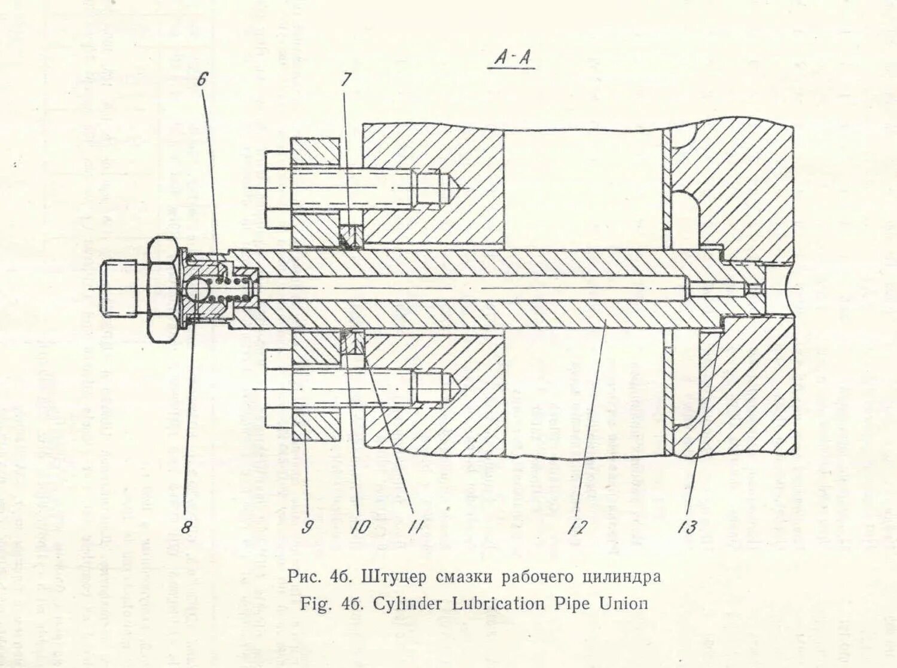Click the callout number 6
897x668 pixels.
[x=202, y=79]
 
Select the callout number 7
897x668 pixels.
[x=346, y=80]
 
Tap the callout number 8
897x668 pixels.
[x=187, y=526]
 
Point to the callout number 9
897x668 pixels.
[x=307, y=527]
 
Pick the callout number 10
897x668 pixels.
[x=360, y=527]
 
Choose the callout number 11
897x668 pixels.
[x=415, y=527]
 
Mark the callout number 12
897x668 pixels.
[x=578, y=527]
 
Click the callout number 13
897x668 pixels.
[x=687, y=527]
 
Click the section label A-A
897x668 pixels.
[x=512, y=59]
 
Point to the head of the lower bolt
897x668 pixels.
[x=277, y=388]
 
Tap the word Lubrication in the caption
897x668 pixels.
[x=498, y=603]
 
